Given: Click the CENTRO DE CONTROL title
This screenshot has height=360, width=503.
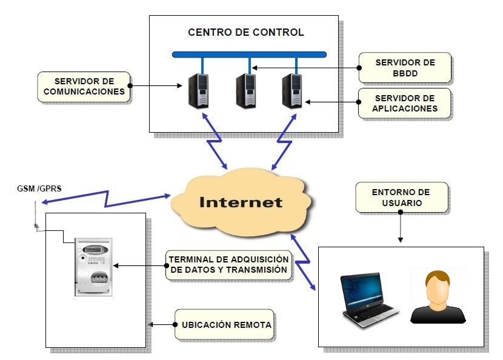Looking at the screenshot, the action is [245, 32].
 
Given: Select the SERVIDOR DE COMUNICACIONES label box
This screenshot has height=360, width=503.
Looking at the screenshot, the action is [84, 87].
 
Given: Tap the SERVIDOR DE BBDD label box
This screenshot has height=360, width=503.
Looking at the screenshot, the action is [405, 68].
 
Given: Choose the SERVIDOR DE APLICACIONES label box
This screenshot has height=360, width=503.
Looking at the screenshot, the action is [404, 103].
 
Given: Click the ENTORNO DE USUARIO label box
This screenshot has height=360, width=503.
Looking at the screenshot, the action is [401, 198].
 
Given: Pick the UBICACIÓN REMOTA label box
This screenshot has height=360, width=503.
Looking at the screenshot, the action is [225, 324].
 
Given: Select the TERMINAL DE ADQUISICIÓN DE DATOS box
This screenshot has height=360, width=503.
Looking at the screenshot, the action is [228, 265].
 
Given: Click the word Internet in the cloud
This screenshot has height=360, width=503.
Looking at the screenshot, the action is [241, 202].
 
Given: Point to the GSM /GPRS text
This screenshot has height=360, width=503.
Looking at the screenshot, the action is [39, 188].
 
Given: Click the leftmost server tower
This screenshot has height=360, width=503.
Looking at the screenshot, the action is [198, 91].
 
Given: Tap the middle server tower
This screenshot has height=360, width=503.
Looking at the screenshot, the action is [245, 91].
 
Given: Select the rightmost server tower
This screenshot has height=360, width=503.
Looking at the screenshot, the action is [292, 91].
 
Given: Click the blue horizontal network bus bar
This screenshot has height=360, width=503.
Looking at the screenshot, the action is [249, 55].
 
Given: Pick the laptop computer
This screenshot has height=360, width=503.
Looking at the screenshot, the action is [370, 300].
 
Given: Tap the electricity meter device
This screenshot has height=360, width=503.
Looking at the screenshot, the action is [94, 267].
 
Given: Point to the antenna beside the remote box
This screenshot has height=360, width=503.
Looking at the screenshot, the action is [36, 215].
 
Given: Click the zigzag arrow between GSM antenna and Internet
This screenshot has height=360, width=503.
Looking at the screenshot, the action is [106, 199].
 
